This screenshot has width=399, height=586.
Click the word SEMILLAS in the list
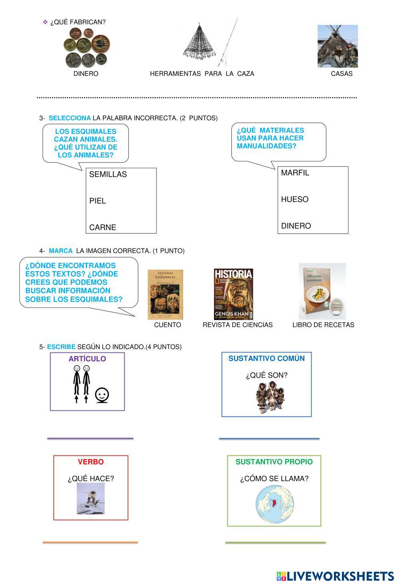[x=108, y=174]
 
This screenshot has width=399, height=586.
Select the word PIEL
[x=98, y=201]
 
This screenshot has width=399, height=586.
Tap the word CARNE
[x=103, y=228]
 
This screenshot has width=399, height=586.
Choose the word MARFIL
[x=295, y=173]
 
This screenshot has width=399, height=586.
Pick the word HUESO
[x=295, y=199]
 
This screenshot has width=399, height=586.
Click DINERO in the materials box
[x=296, y=226]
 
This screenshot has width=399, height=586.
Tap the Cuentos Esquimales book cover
[x=166, y=295]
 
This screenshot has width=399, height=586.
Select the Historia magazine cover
[x=234, y=294]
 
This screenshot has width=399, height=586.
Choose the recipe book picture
[x=322, y=291]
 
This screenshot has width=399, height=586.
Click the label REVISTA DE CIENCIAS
[x=237, y=325]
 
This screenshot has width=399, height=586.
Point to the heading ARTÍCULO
[x=87, y=359]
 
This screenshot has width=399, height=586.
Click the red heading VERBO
[x=91, y=462]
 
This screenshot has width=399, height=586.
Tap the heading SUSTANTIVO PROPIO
[x=274, y=462]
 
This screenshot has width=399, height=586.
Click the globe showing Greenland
[x=275, y=504]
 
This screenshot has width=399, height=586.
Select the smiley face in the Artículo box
[x=102, y=395]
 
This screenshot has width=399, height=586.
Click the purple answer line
[x=90, y=438]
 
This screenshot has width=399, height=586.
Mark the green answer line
[x=275, y=542]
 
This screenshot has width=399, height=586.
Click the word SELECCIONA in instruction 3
[x=70, y=118]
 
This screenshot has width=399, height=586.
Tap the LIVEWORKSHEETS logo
[x=335, y=576]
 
